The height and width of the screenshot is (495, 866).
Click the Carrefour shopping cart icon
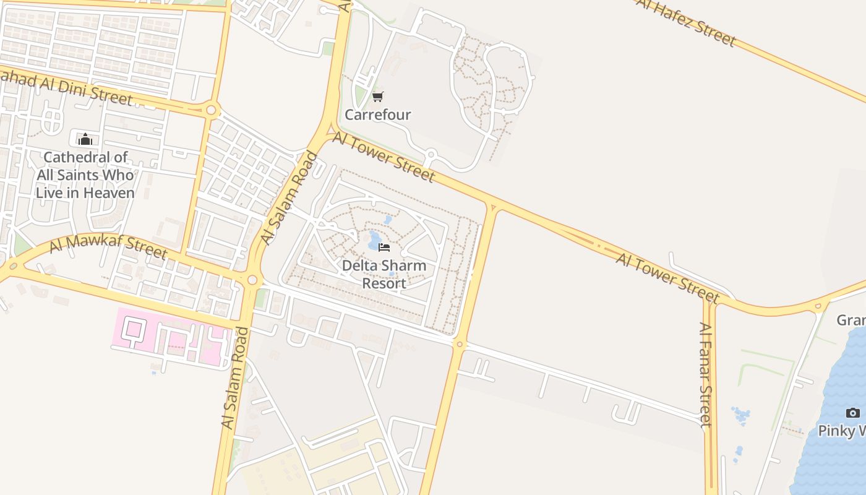[377, 97]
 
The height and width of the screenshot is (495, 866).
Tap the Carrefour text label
[377, 114]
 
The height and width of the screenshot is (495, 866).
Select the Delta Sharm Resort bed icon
[384, 247]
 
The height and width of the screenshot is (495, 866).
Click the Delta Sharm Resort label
[384, 274]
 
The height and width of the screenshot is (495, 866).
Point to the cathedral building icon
[85, 139]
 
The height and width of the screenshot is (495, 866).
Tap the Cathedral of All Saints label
[85, 175]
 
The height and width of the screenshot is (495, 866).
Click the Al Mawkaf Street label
[108, 246]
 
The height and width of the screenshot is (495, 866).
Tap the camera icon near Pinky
[853, 413]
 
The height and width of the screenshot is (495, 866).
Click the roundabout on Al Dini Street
[212, 111]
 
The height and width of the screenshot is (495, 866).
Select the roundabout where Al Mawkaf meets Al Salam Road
[252, 280]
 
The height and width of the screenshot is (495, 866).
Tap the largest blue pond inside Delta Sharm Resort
[375, 239]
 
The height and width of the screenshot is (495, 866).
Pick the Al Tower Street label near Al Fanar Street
[667, 278]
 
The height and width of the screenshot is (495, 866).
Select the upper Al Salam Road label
[289, 198]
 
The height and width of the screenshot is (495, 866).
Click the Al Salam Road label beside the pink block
[234, 378]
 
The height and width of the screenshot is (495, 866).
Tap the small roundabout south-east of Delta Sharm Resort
[459, 343]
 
